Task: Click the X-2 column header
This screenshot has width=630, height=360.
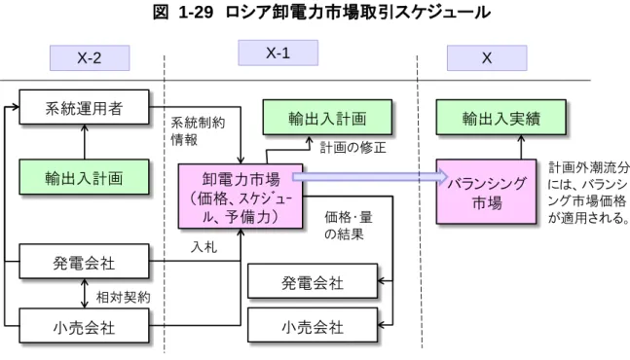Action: click(90, 58)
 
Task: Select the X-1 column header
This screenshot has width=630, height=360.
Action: click(278, 53)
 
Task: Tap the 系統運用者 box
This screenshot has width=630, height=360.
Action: click(84, 107)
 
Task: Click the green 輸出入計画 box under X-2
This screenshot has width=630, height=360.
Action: click(84, 177)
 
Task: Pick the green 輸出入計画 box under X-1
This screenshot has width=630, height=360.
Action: click(327, 117)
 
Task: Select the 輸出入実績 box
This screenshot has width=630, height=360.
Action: click(501, 117)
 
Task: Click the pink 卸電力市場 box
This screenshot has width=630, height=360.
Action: click(241, 197)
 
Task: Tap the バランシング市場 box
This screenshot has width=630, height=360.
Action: click(486, 192)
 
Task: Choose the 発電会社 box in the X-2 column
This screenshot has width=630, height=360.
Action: click(84, 262)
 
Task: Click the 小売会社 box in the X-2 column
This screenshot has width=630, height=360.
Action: click(84, 326)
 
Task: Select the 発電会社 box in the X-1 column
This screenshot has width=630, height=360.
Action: click(313, 281)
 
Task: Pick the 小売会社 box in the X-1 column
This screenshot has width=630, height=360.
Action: click(313, 325)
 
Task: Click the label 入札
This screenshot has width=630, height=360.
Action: click(204, 247)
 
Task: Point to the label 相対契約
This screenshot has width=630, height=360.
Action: click(124, 298)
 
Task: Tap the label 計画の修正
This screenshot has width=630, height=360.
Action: click(352, 148)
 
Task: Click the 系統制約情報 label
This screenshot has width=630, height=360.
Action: click(198, 131)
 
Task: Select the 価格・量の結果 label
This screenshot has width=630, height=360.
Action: click(349, 226)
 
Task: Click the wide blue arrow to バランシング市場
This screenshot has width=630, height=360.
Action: click(370, 176)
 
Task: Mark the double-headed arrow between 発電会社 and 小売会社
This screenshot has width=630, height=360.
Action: click(85, 294)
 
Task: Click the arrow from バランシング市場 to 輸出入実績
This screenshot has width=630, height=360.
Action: click(521, 147)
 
